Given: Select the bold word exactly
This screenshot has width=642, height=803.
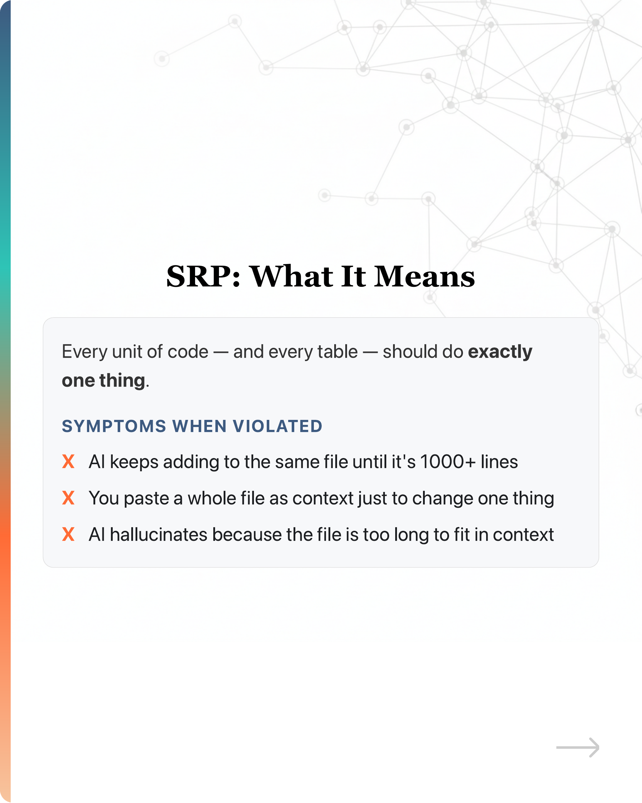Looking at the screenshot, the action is click(500, 352).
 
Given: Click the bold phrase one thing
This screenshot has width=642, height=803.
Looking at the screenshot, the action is click(103, 381).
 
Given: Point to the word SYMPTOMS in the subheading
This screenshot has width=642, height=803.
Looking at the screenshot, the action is click(114, 426).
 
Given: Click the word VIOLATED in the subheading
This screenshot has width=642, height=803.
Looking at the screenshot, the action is click(277, 426).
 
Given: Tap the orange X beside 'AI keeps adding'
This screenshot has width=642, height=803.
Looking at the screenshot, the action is click(68, 462).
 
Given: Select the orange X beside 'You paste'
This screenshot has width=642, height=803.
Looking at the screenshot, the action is click(68, 498).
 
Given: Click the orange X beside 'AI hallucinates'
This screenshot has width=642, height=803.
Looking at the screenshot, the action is click(68, 534).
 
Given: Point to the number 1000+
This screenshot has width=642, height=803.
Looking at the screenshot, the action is click(448, 462).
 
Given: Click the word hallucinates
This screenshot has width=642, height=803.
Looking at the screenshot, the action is click(159, 534).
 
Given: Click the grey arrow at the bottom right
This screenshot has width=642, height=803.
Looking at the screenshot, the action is click(577, 747).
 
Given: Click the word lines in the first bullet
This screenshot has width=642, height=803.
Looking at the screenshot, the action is click(499, 462).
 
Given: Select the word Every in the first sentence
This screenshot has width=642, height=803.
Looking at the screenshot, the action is click(85, 352).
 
